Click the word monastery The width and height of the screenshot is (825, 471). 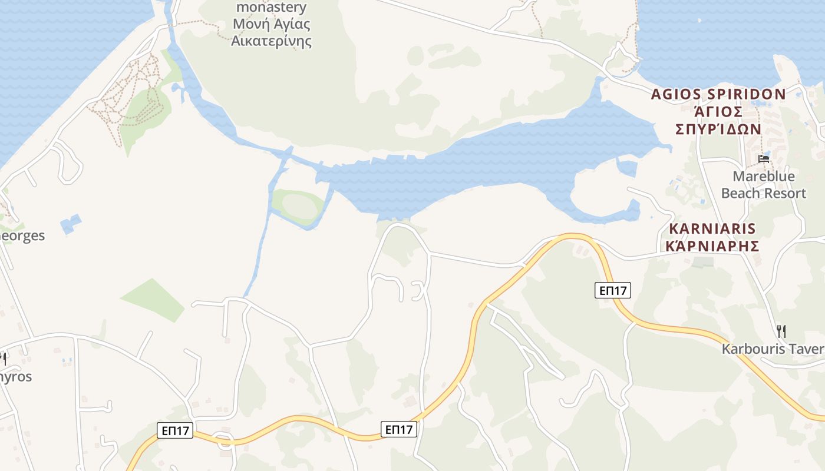coord(271,8)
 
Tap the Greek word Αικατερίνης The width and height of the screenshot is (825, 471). coord(271,41)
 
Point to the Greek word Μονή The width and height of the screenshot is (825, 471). coord(247,25)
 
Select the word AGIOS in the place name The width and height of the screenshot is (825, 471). coord(677,94)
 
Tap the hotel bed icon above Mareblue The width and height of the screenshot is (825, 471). coord(764,158)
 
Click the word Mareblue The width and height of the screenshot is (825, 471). coord(764,176)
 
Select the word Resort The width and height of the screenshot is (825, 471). coord(784,193)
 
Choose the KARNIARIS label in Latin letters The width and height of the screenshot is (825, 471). coord(712,228)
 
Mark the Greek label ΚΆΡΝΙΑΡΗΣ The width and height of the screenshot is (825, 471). coord(712,246)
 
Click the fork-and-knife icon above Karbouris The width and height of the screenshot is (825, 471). coord(781,331)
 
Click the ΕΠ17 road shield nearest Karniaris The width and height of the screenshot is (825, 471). coord(612,290)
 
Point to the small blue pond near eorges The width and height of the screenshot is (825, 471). coord(71,224)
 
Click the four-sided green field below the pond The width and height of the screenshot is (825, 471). coord(153,300)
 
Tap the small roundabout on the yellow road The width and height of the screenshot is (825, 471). coord(224,439)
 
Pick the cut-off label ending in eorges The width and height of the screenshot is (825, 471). coord(22,235)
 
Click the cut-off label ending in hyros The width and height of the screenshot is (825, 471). coord(15,376)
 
